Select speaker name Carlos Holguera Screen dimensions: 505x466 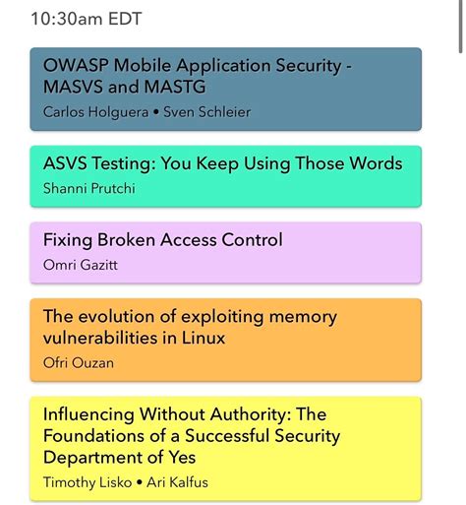click(x=89, y=111)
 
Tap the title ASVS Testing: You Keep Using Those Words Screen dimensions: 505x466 click(x=222, y=163)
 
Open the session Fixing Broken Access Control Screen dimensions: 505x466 click(x=162, y=240)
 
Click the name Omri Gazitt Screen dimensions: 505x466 click(x=79, y=264)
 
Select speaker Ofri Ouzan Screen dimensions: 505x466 click(x=79, y=362)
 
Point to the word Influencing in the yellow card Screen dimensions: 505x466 click(x=88, y=414)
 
